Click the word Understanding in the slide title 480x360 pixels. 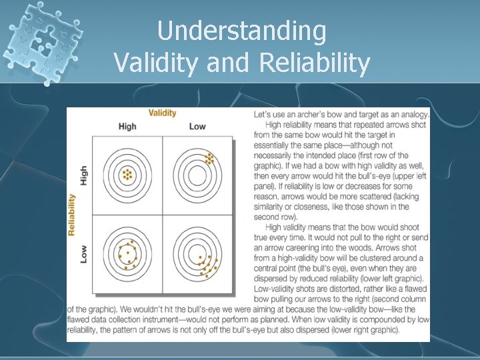(241, 31)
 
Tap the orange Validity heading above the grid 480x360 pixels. (162, 113)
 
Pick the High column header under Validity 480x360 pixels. (127, 127)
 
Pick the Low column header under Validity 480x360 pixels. (197, 127)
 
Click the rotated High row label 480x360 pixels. (84, 175)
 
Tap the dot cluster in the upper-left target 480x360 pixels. (127, 175)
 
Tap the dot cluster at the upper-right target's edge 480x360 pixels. (209, 159)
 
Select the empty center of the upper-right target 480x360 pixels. (197, 175)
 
